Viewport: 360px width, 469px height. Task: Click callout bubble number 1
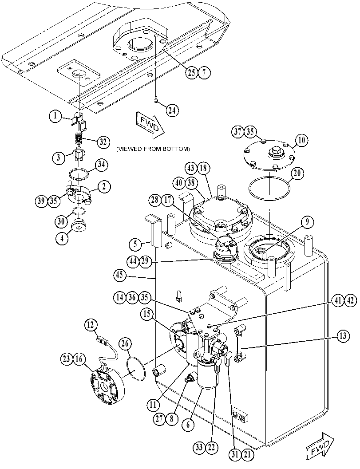tap(55, 116)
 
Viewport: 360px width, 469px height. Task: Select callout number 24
tap(172, 110)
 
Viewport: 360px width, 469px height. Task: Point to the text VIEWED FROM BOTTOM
tap(153, 149)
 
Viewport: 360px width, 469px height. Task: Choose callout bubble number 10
tap(301, 140)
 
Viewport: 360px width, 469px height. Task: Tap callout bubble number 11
tap(153, 405)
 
